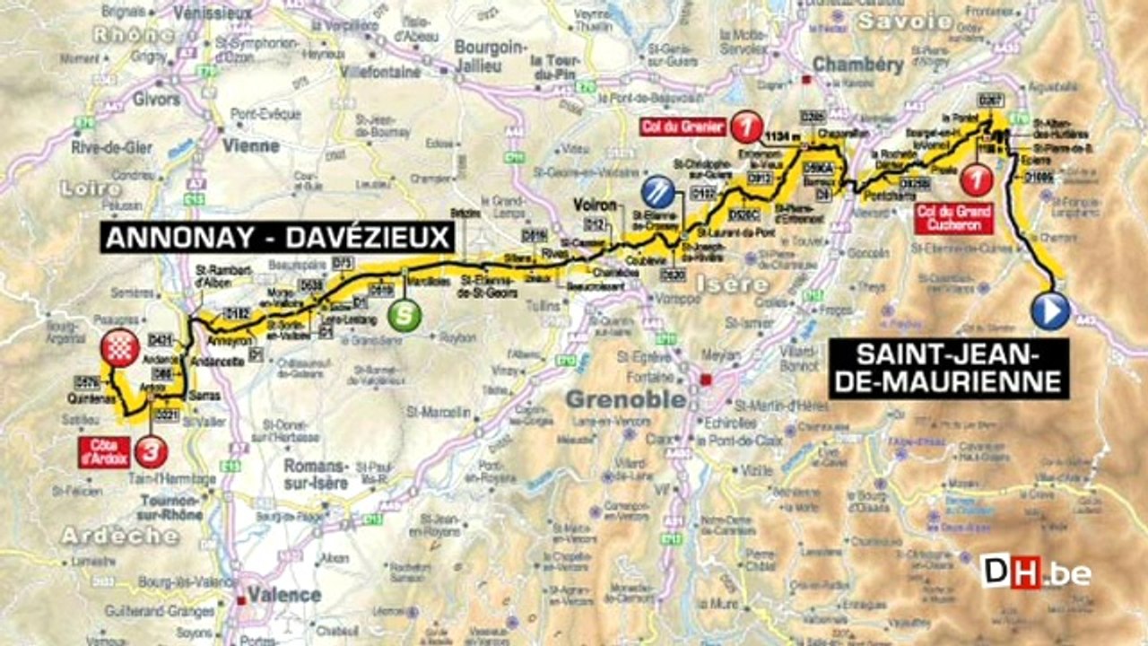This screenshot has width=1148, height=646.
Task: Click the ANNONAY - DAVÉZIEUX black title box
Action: tap(278, 239)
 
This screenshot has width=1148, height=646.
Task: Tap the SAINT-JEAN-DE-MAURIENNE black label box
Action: tap(949, 368)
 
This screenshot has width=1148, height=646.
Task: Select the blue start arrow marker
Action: tap(1050, 311)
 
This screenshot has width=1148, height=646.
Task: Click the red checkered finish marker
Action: tap(121, 345)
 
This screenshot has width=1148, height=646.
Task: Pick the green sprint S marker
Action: tap(404, 317)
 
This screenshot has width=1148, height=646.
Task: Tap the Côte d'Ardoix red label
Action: tap(105, 451)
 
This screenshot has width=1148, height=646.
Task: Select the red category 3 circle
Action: tap(152, 451)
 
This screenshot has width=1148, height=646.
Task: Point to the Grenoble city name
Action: tap(625, 399)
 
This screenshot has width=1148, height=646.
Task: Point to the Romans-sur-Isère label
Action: tap(315, 473)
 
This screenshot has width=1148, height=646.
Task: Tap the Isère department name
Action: tap(731, 284)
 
